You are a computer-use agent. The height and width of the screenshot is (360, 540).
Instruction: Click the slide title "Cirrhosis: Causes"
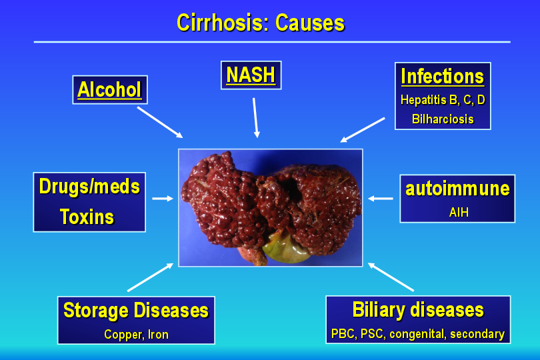point(261,23)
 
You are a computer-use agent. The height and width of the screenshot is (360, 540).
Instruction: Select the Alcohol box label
point(109,89)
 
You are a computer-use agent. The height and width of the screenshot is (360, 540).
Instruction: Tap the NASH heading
point(251,75)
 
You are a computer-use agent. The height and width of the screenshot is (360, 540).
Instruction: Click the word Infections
point(443,76)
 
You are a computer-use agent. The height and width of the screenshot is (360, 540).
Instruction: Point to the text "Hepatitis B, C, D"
point(443,100)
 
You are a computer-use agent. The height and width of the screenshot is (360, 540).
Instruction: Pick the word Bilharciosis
point(443,119)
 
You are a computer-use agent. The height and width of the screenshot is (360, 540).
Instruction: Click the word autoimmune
point(457,189)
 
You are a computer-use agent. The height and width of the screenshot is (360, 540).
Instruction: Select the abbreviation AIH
point(459,212)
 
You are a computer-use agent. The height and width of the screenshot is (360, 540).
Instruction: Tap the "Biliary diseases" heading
point(418,310)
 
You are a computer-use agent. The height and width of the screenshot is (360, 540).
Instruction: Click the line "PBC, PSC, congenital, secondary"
point(418,334)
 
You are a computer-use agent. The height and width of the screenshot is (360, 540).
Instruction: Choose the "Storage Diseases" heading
point(136,311)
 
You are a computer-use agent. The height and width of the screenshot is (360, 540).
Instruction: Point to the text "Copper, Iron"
point(137,335)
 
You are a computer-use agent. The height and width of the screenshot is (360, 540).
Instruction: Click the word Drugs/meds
point(89,187)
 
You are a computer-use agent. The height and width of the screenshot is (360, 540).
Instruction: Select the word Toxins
point(87,217)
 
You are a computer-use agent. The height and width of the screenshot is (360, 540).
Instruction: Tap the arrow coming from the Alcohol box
point(160,122)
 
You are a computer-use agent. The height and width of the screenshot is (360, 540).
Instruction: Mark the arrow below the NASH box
point(256,118)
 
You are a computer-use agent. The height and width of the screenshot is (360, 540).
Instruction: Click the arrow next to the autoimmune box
point(381,199)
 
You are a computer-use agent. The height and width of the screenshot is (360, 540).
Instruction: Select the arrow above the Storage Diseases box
point(151,277)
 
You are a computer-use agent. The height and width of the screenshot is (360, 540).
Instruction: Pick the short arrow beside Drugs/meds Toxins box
point(163,199)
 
